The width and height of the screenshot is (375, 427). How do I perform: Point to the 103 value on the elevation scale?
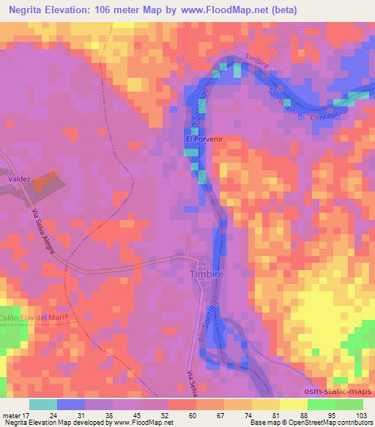click(361, 415)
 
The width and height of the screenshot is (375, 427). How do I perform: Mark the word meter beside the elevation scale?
click(11, 415)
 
